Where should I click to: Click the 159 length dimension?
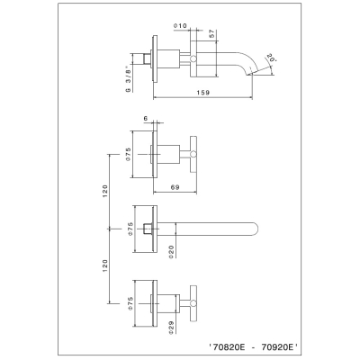tap(203, 93)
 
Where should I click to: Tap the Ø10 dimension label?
tap(180, 26)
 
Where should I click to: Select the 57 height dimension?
tap(211, 33)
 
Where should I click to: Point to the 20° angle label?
tap(271, 58)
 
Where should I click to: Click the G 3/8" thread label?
tap(129, 79)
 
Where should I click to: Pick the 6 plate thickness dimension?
tap(146, 119)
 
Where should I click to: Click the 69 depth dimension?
tap(175, 187)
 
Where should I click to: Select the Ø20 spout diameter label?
tap(171, 252)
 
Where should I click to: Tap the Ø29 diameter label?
tap(171, 328)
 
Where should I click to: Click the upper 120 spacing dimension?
tap(104, 191)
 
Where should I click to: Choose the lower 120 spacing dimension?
tap(104, 266)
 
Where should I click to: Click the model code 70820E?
tap(229, 347)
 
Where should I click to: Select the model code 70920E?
tap(278, 347)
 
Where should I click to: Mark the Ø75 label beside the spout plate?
tap(130, 229)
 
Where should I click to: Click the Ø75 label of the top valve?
tap(128, 154)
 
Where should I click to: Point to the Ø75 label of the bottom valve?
tap(130, 303)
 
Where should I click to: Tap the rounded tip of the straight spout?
tap(256, 229)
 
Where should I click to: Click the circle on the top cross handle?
tap(193, 154)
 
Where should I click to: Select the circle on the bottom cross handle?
tap(193, 303)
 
